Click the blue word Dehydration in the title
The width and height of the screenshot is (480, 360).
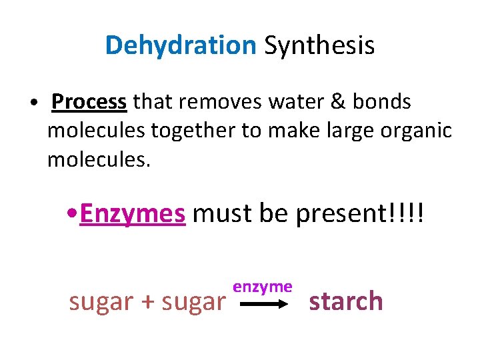[x=180, y=46]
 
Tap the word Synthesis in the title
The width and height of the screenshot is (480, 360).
[x=319, y=46]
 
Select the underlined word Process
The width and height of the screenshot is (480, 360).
[x=89, y=102]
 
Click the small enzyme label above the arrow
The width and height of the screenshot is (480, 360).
[x=263, y=287]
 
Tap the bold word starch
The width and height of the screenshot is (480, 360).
[x=345, y=301]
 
